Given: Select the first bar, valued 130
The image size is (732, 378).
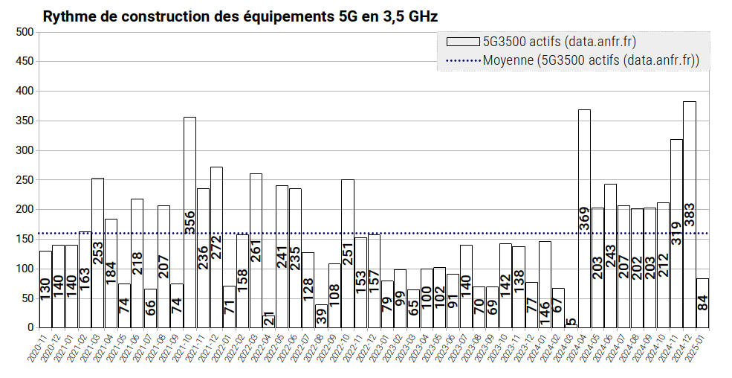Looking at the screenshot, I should click(x=45, y=290).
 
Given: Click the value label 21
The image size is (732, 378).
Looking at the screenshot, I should click(x=269, y=318).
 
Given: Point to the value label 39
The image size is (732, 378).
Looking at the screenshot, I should click(x=321, y=316).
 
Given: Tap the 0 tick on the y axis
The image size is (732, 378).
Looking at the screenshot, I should click(x=30, y=327).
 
